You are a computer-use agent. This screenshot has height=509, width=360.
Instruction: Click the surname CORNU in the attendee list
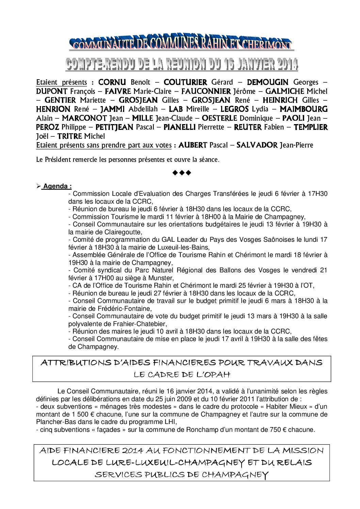112,82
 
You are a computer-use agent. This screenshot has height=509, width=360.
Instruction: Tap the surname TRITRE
70,136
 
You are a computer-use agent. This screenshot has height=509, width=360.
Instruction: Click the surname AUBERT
193,145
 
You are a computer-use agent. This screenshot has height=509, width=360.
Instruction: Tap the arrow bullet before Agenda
38,186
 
